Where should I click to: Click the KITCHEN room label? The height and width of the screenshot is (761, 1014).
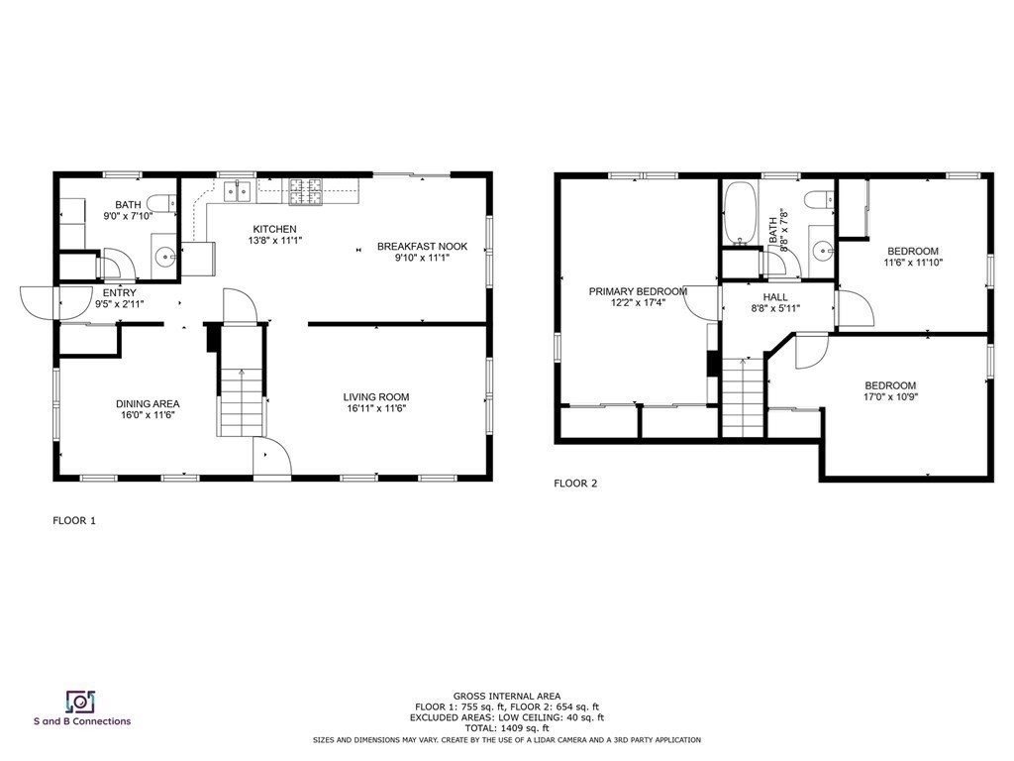click(x=275, y=229)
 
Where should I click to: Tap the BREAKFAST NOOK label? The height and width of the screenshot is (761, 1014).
click(x=422, y=247)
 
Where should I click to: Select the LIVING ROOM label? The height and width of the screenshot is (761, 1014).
click(x=375, y=397)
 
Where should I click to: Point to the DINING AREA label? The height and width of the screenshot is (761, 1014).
click(x=148, y=404)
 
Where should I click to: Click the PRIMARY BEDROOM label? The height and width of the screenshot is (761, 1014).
click(x=638, y=292)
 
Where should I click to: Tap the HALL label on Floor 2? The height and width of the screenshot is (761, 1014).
click(x=775, y=297)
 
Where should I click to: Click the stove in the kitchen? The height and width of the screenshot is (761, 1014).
click(x=306, y=191)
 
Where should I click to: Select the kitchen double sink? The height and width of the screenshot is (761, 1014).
click(x=238, y=191)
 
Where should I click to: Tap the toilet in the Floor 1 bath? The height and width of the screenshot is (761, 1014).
click(x=162, y=203)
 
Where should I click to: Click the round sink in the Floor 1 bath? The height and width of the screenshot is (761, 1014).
click(x=167, y=258)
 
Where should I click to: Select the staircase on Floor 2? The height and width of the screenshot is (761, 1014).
click(x=744, y=397)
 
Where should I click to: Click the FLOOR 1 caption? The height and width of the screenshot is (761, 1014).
click(x=74, y=520)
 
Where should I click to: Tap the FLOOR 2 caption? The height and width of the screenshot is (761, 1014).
click(x=575, y=484)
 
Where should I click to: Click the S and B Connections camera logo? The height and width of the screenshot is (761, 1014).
click(x=81, y=702)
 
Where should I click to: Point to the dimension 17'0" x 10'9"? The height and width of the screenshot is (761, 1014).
click(x=890, y=397)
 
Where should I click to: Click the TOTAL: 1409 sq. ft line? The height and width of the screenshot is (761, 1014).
click(x=506, y=728)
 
